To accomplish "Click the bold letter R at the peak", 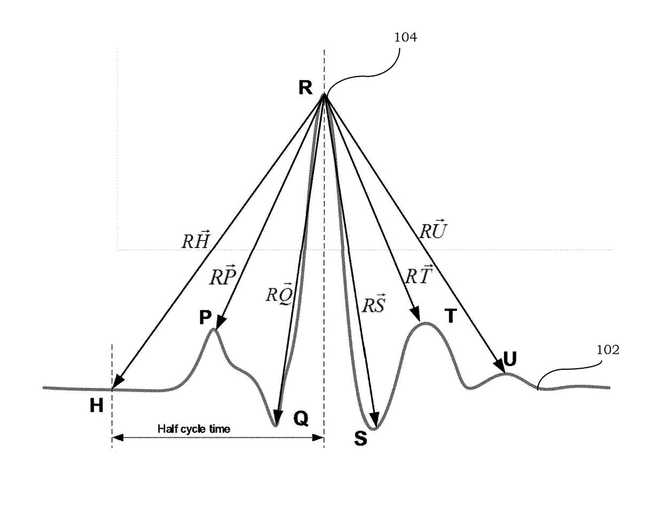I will [305, 87].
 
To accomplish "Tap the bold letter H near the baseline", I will [96, 406].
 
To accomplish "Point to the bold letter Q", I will [301, 419].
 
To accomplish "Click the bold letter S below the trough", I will [361, 439].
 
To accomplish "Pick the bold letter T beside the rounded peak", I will [451, 317].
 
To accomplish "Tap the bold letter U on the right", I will [510, 360].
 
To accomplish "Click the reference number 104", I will [405, 37].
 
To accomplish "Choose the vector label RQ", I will [279, 293].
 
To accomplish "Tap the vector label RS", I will [373, 305].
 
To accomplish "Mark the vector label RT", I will [417, 275].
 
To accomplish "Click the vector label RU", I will [432, 230].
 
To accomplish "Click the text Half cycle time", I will [194, 429].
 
